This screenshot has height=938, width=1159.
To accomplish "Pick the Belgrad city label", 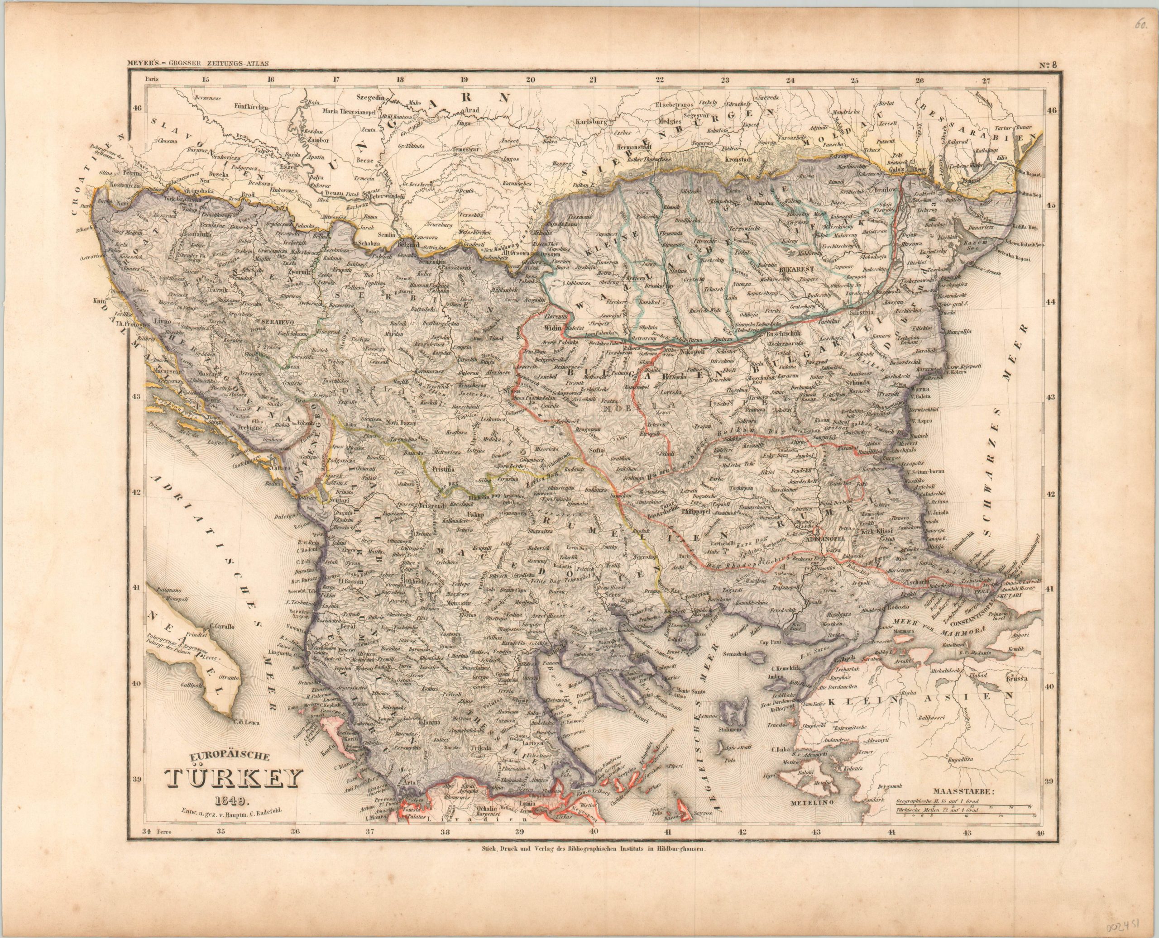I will [410, 244].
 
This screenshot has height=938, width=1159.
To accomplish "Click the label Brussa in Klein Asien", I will [1013, 679].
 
